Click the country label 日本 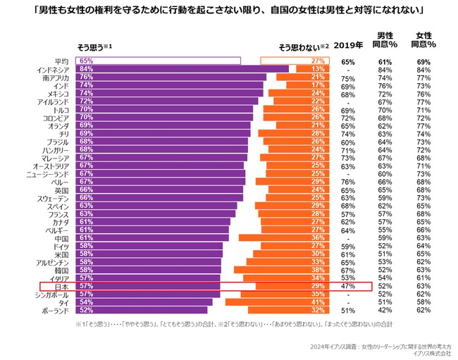(x=61, y=286)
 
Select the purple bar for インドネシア (x=183, y=69)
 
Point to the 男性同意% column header (x=385, y=40)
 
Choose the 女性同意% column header (x=424, y=40)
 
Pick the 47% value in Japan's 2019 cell (x=347, y=286)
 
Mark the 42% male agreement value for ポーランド (x=385, y=310)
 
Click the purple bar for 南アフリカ (x=173, y=77)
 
